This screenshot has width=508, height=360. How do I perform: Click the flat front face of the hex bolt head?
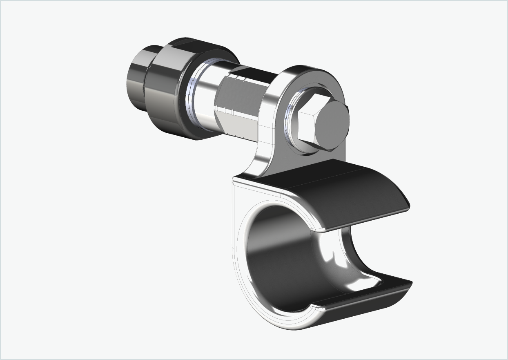pos(332,125)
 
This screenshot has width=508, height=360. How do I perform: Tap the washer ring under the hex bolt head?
pos(291,123)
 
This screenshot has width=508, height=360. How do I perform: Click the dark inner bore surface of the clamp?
pos(278,262)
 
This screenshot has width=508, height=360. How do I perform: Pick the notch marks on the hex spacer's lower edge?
pos(227,110)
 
